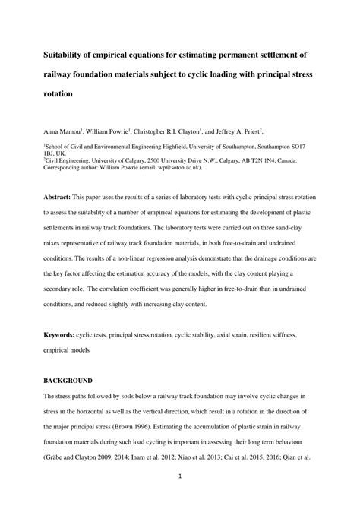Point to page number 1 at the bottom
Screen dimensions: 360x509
(180, 476)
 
